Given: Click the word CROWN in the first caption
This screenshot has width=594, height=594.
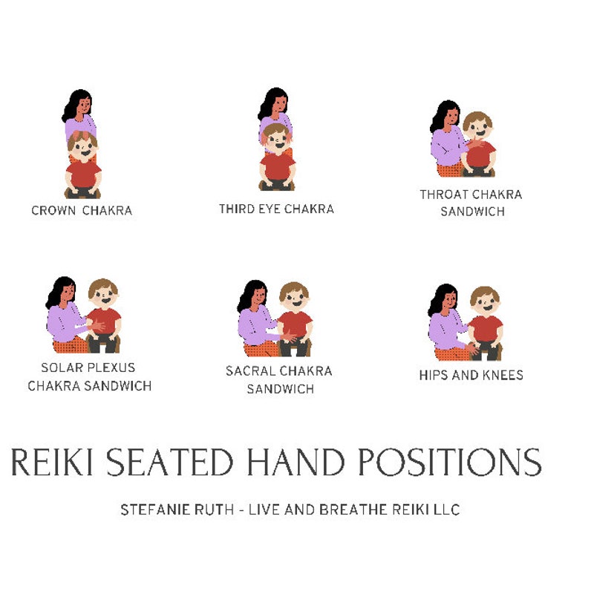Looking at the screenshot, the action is (53, 210).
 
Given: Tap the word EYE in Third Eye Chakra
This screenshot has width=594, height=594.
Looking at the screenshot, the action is (270, 209).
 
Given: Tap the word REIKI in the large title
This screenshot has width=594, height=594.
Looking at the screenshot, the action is (52, 462).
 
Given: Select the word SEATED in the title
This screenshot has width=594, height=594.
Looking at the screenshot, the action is (169, 462).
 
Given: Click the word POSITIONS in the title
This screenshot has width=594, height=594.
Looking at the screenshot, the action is (450, 462).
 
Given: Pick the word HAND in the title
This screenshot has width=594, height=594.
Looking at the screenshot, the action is (296, 462).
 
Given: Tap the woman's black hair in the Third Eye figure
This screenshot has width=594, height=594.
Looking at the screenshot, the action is (271, 102).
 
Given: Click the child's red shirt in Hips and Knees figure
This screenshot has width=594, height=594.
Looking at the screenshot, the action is (486, 329).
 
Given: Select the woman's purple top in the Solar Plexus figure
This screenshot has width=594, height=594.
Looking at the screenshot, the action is (65, 322).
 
